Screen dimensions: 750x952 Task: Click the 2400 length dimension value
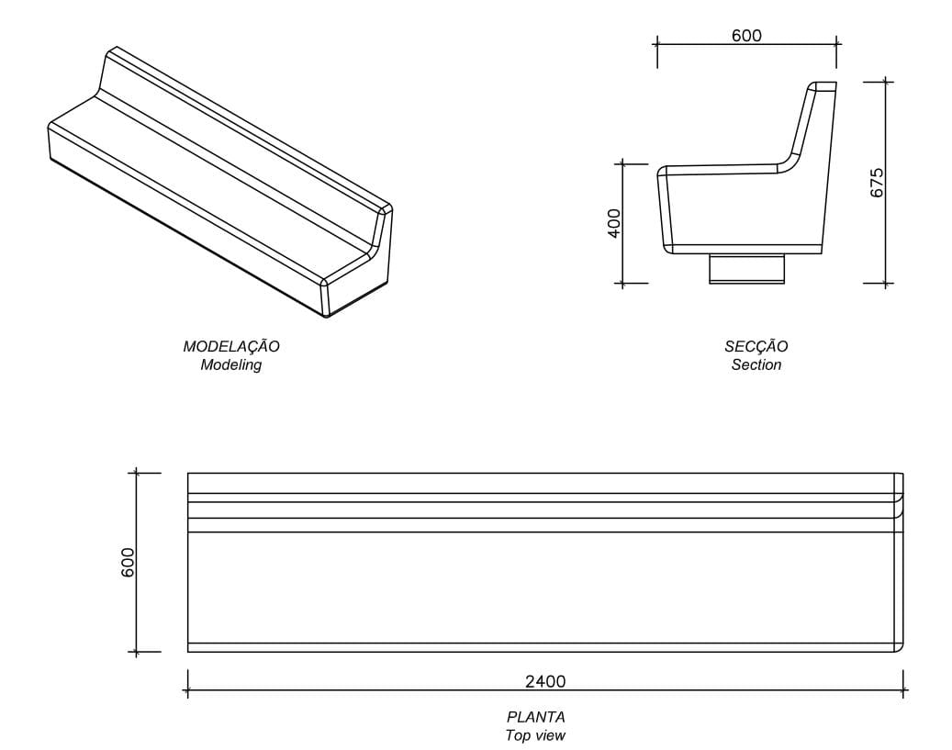545,681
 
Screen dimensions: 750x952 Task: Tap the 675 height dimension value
877,182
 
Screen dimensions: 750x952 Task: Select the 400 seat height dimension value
614,222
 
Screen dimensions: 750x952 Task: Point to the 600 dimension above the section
746,36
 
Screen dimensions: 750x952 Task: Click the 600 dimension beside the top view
128,562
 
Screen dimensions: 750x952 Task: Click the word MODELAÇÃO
231,347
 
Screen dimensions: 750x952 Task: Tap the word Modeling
231,365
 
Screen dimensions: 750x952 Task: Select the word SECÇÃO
756,347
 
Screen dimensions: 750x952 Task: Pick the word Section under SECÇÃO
756,365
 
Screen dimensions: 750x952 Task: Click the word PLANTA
535,717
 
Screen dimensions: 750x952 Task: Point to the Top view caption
535,735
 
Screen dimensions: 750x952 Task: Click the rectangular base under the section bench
746,269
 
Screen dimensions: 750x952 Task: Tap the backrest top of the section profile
822,86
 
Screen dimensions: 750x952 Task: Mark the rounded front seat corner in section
663,171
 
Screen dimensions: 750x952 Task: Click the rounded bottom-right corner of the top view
899,647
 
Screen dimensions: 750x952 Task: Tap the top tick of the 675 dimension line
886,82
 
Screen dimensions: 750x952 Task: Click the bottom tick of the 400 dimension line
622,284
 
